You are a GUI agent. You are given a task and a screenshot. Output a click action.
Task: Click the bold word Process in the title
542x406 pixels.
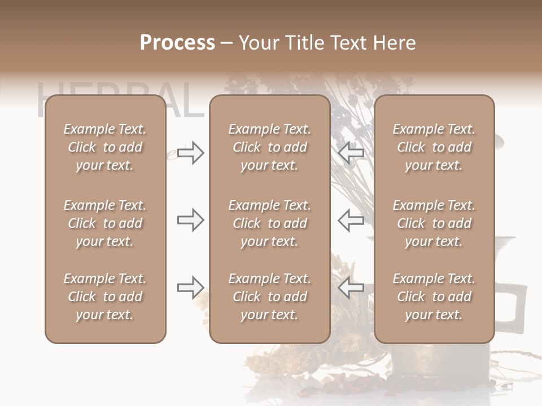click(x=177, y=43)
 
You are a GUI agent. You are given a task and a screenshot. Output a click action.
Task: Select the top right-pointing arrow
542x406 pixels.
click(x=190, y=153)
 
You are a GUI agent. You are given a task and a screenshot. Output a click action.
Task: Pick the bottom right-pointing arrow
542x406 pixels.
click(x=190, y=287)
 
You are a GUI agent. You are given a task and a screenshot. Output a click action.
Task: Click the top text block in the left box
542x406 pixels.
click(x=105, y=147)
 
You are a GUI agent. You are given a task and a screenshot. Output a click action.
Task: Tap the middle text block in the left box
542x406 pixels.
click(x=105, y=223)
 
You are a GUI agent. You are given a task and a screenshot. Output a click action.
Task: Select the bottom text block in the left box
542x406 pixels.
click(x=105, y=297)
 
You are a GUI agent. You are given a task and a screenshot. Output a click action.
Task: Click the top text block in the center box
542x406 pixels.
click(x=269, y=147)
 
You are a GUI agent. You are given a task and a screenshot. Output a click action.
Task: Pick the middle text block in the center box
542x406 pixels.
click(x=269, y=223)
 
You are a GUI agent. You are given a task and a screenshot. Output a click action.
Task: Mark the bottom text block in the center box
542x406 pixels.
click(x=269, y=297)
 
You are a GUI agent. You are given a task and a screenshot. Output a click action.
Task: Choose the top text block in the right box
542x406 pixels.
click(x=434, y=147)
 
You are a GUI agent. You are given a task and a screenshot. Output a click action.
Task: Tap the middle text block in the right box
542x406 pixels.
click(x=434, y=223)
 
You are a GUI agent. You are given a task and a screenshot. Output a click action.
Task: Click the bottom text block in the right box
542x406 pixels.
click(x=434, y=297)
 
